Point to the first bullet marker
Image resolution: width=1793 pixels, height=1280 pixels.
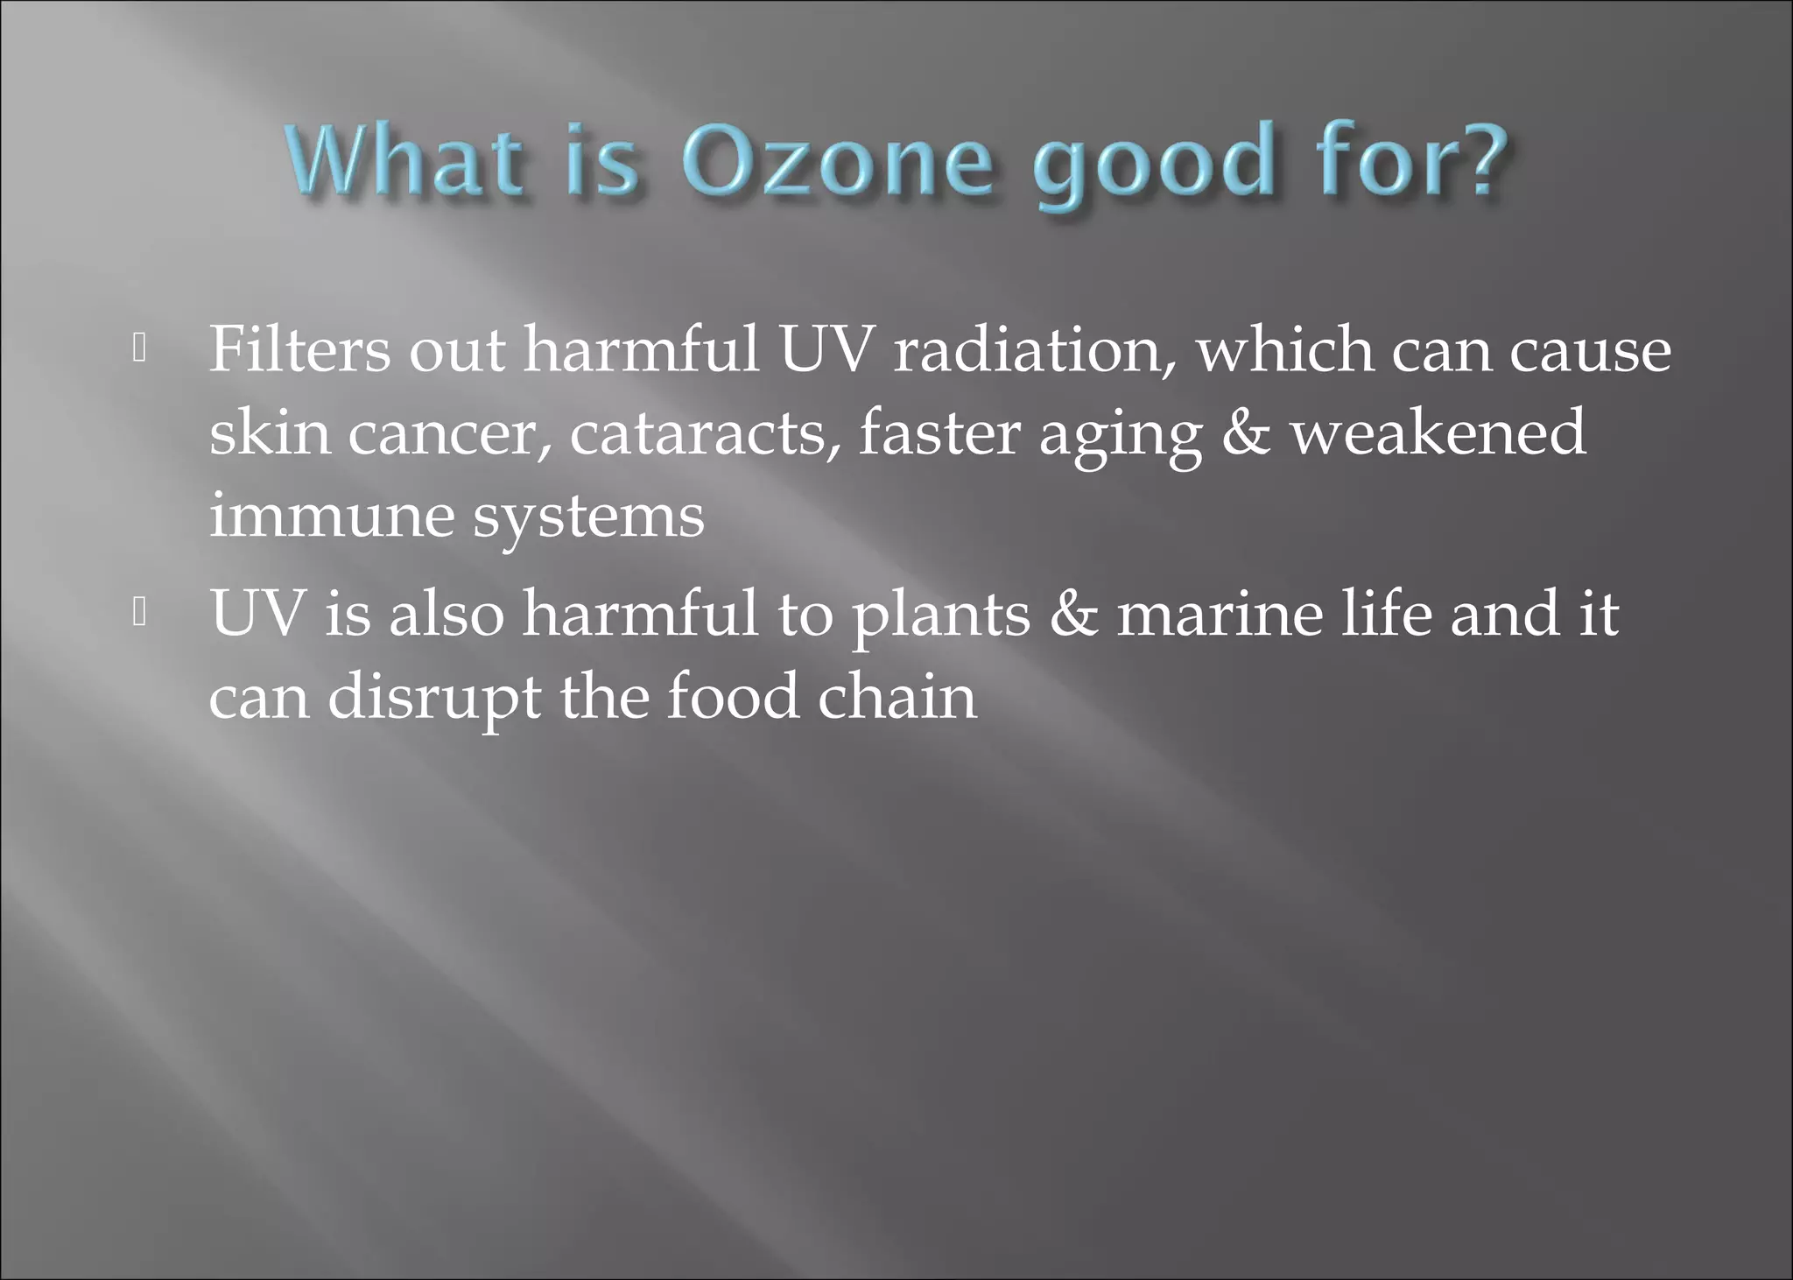139,349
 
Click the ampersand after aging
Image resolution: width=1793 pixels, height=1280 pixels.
1245,433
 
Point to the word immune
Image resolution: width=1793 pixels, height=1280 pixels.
332,517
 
